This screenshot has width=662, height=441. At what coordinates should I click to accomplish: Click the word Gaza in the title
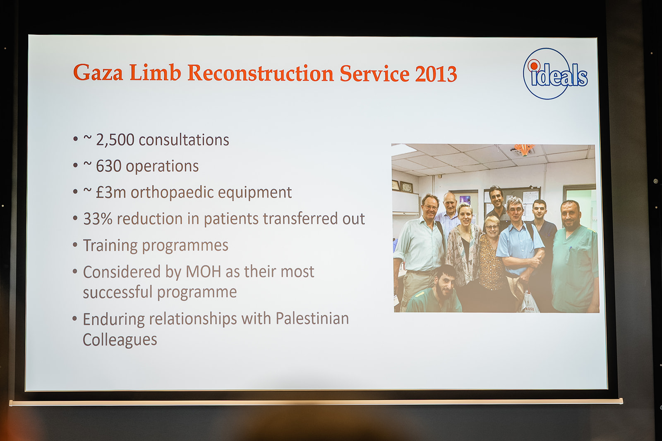click(x=98, y=73)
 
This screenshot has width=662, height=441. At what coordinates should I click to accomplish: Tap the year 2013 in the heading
click(x=436, y=74)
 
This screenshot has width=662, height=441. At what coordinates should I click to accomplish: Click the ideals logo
click(x=555, y=74)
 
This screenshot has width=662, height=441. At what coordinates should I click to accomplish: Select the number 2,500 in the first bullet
click(x=115, y=140)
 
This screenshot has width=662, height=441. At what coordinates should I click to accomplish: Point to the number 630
click(x=109, y=166)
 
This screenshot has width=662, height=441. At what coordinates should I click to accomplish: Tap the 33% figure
click(x=98, y=219)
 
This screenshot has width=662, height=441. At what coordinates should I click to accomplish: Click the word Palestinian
click(x=312, y=319)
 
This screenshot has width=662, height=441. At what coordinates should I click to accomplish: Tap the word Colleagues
click(x=120, y=340)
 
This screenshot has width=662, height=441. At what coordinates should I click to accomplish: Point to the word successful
click(x=118, y=292)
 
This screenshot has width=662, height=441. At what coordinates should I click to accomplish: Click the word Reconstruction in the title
click(x=261, y=73)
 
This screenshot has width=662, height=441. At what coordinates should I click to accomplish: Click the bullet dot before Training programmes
click(x=75, y=245)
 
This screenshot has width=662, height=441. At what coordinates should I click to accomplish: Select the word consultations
click(x=184, y=140)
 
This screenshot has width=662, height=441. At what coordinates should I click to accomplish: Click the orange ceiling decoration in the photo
click(x=524, y=150)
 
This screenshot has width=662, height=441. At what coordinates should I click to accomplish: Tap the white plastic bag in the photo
click(x=529, y=302)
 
